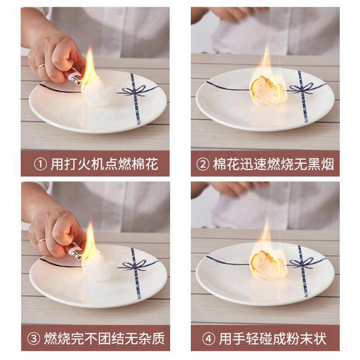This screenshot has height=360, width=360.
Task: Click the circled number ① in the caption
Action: point(40,164)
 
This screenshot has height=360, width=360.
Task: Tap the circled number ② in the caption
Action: point(203,164)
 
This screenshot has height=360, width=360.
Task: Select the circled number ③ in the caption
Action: point(34,339)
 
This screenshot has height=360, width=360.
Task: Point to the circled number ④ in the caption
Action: point(208,339)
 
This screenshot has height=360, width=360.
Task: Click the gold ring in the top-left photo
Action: point(41,66)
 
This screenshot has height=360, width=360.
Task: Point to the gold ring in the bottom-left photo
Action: point(41,240)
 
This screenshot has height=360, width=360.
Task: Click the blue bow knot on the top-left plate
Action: point(135,91)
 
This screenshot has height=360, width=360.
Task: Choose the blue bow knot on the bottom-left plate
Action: point(135,265)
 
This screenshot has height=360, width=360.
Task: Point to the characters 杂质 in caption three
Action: point(151,339)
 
